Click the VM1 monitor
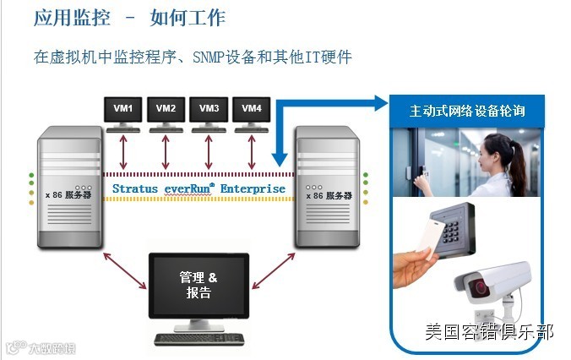123,110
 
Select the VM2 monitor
166,110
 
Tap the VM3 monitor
209,110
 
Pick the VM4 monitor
252,110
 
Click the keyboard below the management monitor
199,339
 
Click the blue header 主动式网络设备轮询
467,111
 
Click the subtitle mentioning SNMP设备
193,57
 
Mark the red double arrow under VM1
123,152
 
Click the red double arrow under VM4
252,152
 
